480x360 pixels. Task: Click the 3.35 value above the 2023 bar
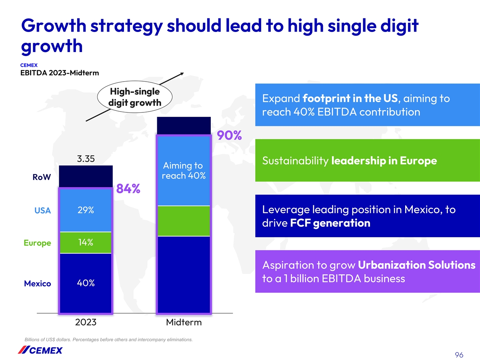pos(86,159)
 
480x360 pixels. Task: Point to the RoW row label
pos(42,178)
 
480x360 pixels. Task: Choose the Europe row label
pos(37,243)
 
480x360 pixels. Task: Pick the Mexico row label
pos(37,284)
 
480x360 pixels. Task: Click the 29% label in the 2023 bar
pos(85,210)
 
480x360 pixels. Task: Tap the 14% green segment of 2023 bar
pos(86,243)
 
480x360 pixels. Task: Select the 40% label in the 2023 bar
pos(85,283)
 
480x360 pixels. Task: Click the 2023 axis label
pos(86,322)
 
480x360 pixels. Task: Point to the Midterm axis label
pos(184,322)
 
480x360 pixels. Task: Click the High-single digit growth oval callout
pos(135,97)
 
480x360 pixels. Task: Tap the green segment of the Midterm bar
pos(184,221)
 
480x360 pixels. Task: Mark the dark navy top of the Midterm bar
pos(184,126)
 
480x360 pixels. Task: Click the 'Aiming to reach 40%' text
pos(184,171)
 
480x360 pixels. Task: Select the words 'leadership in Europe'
pos(384,161)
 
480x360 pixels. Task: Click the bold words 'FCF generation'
pos(330,223)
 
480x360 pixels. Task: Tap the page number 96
pos(459,344)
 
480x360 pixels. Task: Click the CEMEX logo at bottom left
pos(40,350)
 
